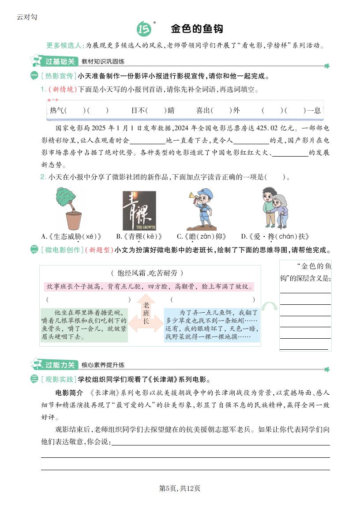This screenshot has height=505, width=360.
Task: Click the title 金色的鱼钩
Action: [x=197, y=29]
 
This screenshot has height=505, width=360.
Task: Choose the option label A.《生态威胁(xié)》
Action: [x=71, y=236]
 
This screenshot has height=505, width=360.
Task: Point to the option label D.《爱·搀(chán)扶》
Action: [x=275, y=236]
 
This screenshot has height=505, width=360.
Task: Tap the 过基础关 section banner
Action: [x=60, y=61]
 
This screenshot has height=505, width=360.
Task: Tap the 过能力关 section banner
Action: [x=60, y=365]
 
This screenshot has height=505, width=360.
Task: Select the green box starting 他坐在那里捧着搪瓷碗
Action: [x=84, y=325]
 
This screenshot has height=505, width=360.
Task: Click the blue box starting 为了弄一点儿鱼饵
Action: [x=212, y=325]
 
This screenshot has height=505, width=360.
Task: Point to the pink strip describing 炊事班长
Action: [x=149, y=287]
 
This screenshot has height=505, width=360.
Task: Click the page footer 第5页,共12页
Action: [x=180, y=488]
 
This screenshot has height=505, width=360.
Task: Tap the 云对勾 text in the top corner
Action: [x=27, y=17]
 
